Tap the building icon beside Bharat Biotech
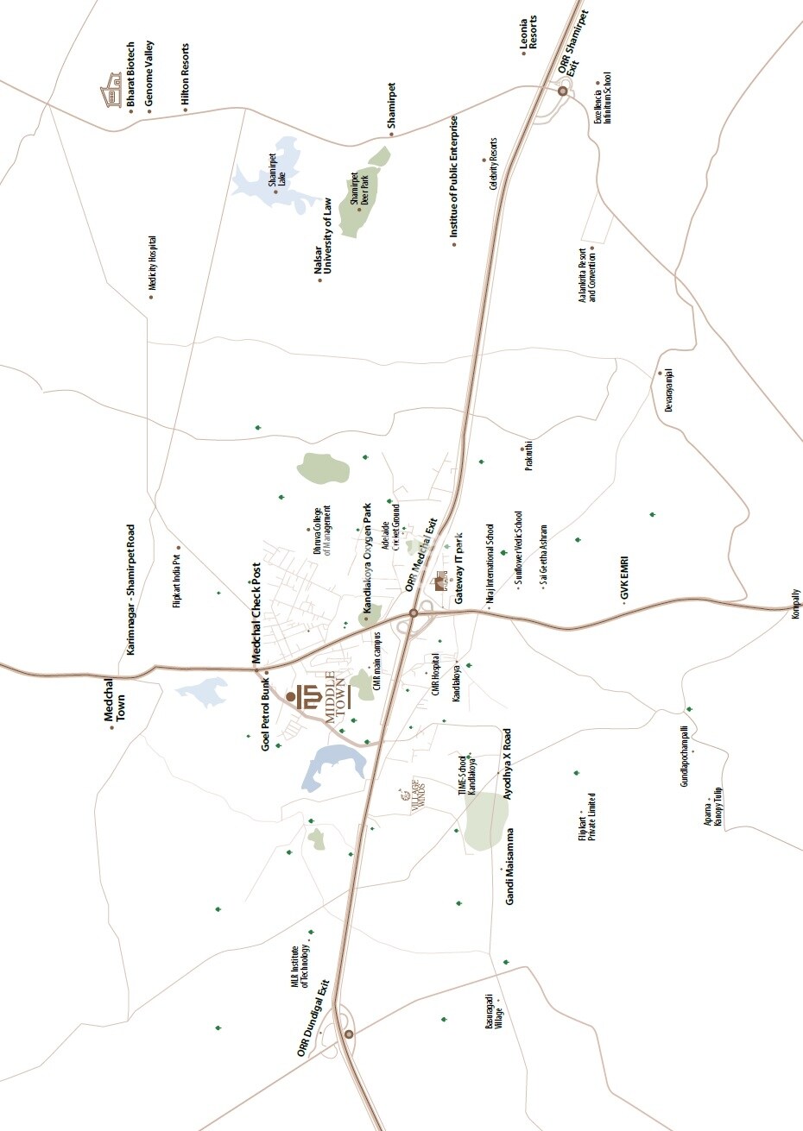click(110, 91)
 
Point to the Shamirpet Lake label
click(275, 173)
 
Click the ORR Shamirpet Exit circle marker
click(562, 91)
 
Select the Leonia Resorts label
click(528, 35)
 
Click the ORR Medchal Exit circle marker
click(414, 613)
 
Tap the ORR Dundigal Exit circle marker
click(349, 1034)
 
